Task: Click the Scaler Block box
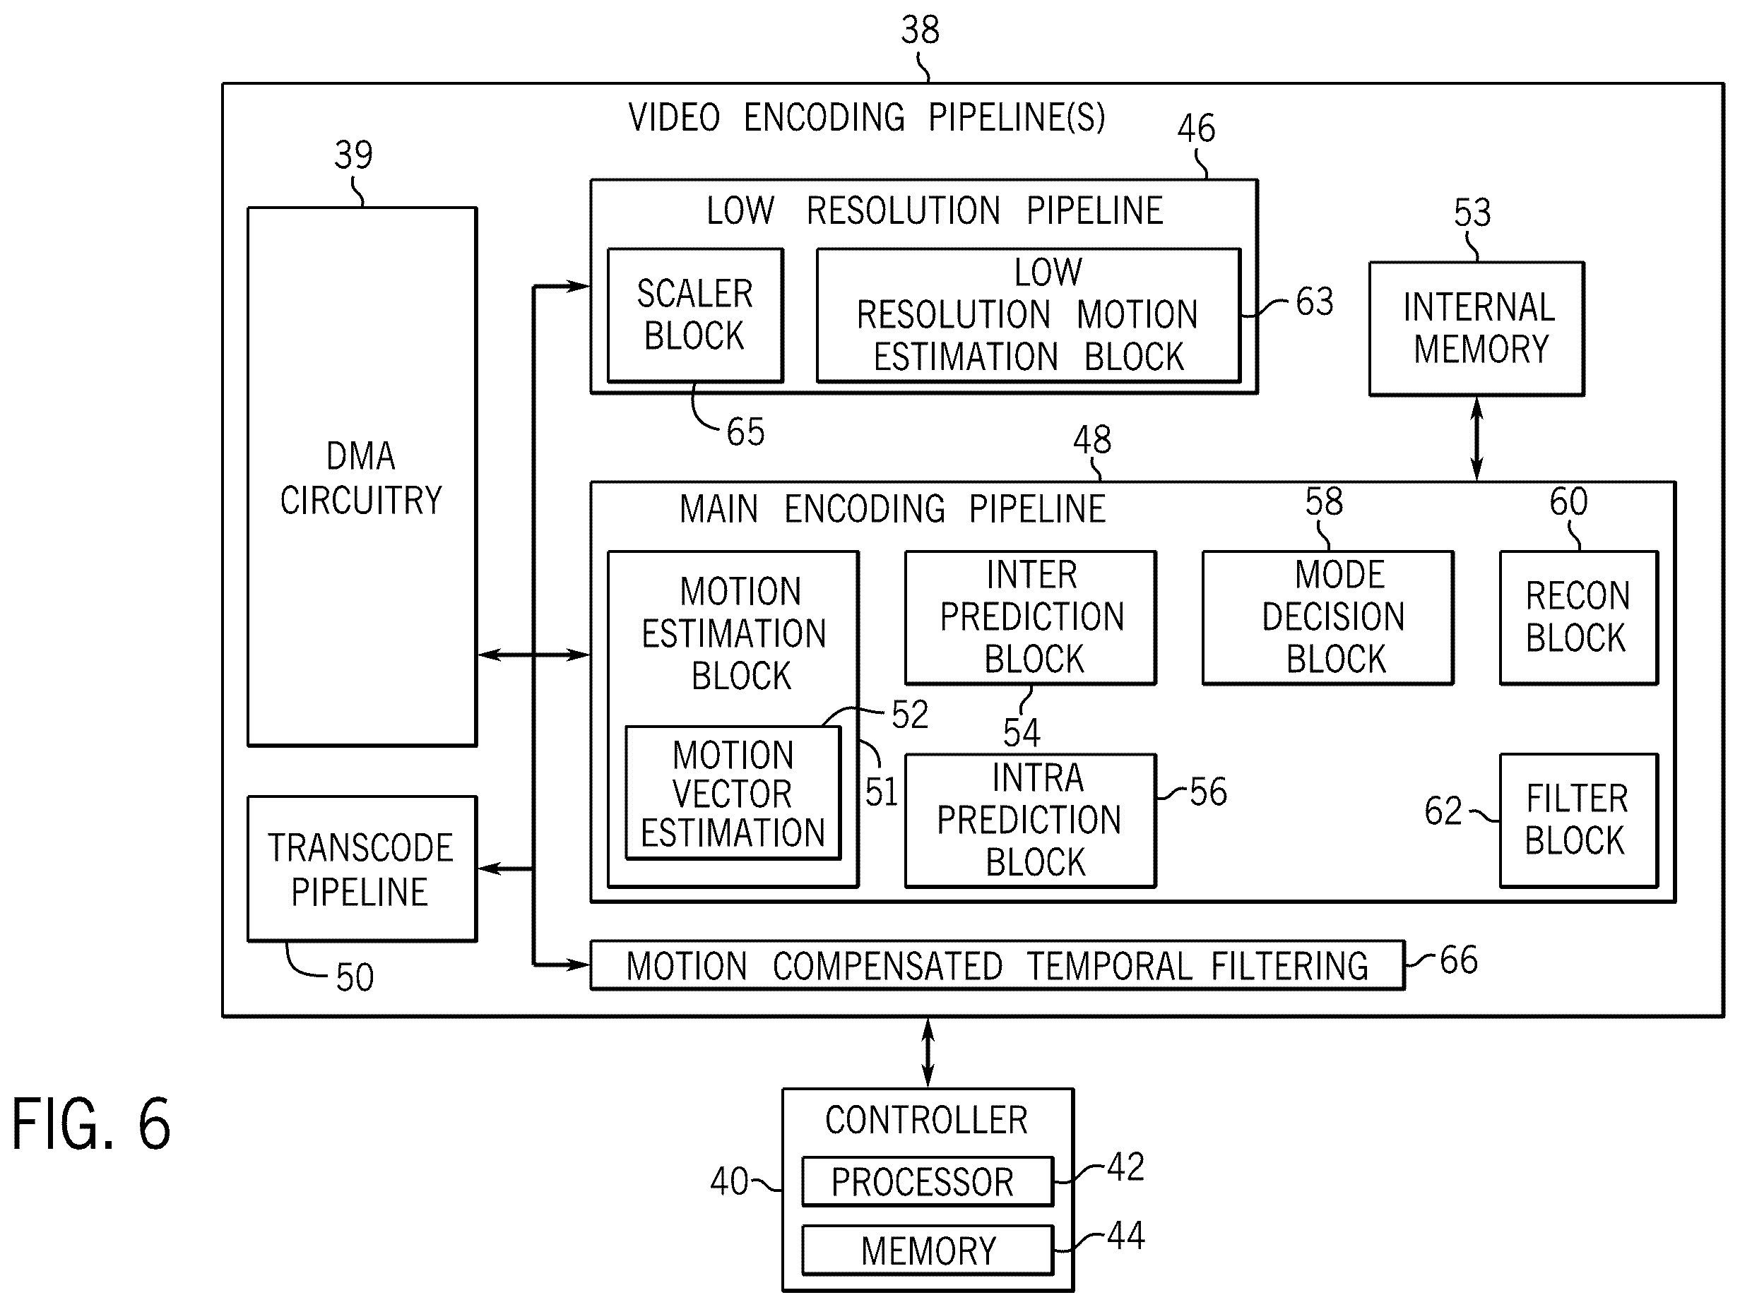[695, 316]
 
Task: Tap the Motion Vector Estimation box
[733, 793]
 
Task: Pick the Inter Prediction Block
[1031, 617]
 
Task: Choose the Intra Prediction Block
[1031, 820]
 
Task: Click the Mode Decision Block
[1328, 617]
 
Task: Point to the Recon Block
[1579, 617]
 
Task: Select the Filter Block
[1579, 820]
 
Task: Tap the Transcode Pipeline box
[362, 869]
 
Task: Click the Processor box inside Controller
[928, 1181]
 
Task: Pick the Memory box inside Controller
[928, 1251]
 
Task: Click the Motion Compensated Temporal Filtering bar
[998, 965]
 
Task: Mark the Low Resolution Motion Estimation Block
[1029, 316]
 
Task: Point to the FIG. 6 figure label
[91, 1125]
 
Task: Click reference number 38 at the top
[921, 30]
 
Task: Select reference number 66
[1459, 960]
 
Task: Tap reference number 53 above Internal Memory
[1472, 213]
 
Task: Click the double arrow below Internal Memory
[1476, 438]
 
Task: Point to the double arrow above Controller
[928, 1053]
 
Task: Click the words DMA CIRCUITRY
[362, 478]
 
